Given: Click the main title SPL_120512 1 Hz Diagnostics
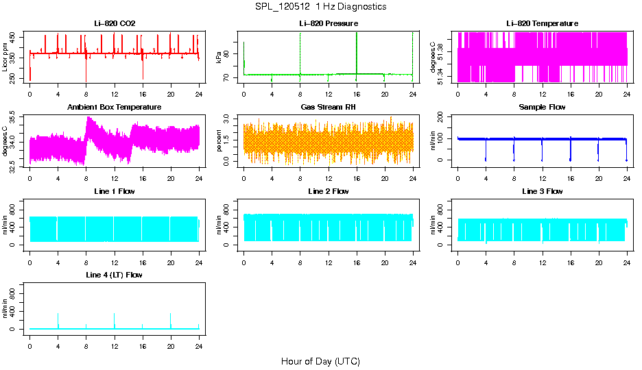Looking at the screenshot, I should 320,7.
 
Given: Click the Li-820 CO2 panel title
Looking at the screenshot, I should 115,24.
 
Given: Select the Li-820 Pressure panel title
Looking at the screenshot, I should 328,24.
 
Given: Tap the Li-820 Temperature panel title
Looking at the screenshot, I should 542,24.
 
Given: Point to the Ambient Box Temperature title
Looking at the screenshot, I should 115,108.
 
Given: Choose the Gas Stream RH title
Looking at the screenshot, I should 328,108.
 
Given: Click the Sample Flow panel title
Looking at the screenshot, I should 542,108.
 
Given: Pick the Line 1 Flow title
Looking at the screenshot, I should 115,192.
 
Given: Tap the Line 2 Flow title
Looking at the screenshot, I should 328,192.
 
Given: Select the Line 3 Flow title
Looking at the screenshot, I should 542,192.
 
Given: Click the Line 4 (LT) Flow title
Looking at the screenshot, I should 115,275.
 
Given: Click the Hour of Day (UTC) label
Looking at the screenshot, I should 320,361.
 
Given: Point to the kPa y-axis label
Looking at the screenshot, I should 219,58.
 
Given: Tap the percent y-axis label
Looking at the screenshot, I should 219,141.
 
